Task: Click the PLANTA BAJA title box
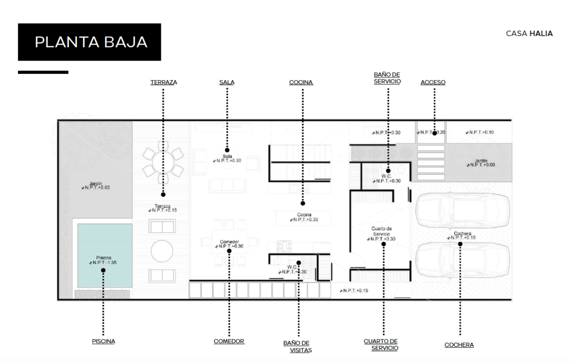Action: pos(89,42)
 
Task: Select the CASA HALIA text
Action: pos(529,34)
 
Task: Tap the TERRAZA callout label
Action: pos(164,82)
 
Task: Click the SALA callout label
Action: pos(227,82)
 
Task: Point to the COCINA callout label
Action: pos(301,82)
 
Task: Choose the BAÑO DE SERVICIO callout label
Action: pos(387,78)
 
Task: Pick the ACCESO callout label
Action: pos(433,82)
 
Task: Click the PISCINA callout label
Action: pos(104,341)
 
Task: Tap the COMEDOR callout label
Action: pos(229,341)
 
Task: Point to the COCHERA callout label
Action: pos(459,345)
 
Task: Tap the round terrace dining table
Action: pos(163,162)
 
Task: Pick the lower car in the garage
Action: pos(463,260)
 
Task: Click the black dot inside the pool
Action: pos(103,270)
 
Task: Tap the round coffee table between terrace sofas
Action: pos(162,251)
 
